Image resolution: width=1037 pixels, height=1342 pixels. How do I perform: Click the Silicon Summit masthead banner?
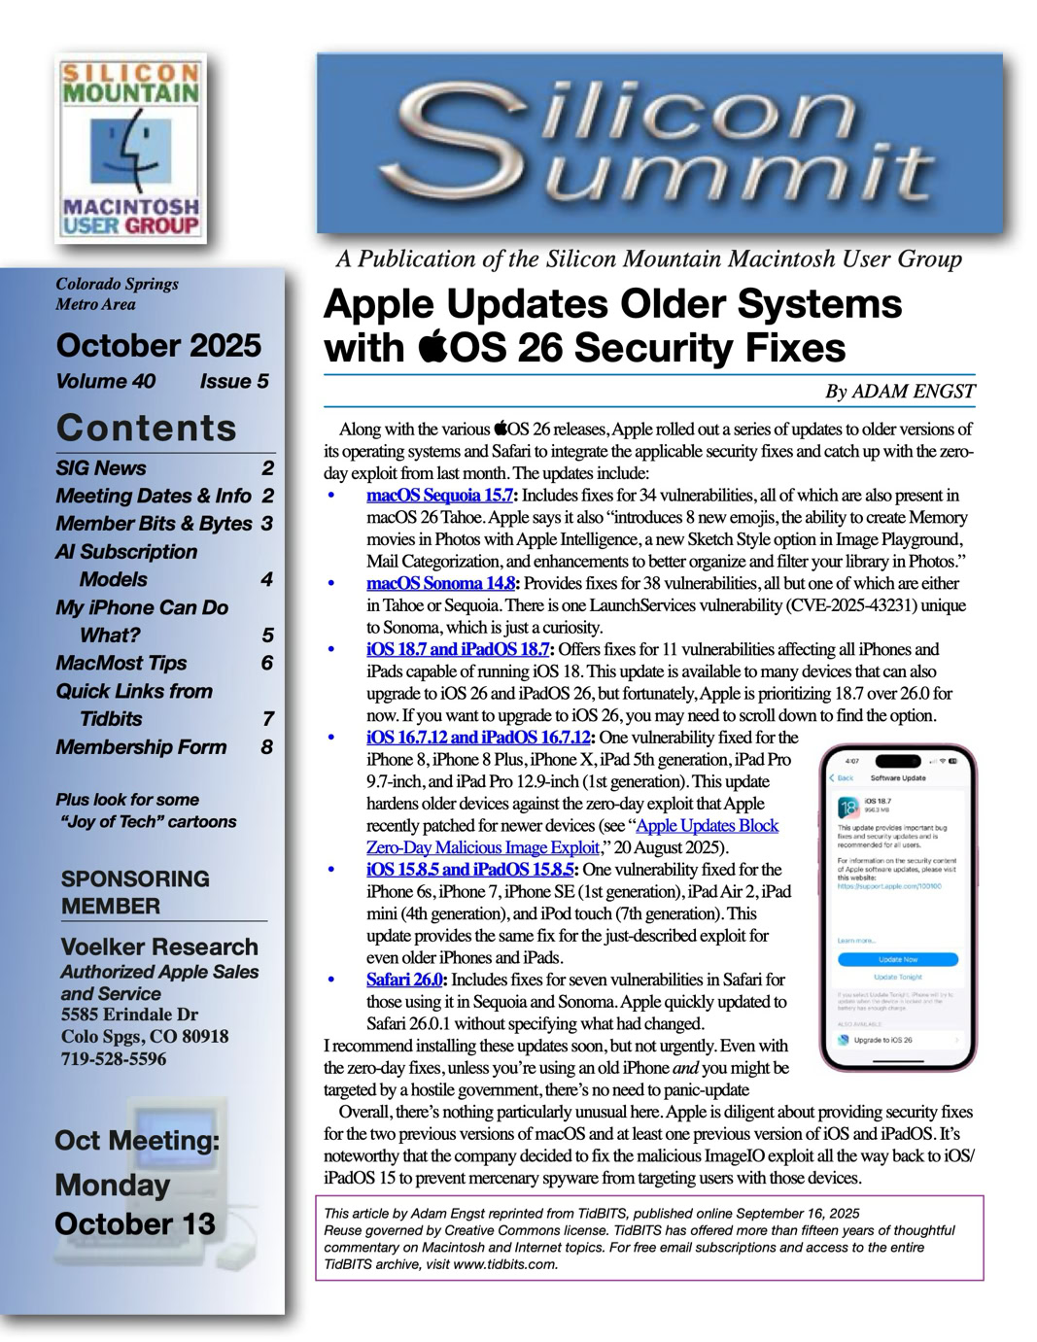click(659, 143)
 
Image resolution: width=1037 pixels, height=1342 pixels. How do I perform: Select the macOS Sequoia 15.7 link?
click(439, 496)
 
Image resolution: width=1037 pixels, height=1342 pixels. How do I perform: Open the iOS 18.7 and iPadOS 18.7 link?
click(458, 649)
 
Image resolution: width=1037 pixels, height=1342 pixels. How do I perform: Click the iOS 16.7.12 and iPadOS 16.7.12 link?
click(478, 738)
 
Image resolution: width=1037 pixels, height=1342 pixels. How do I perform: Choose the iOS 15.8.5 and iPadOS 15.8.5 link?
click(469, 870)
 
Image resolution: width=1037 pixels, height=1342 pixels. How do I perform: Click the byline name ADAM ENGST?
click(913, 392)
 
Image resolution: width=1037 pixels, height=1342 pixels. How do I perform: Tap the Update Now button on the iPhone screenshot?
click(897, 959)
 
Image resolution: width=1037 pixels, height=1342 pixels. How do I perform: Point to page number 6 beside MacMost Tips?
click(267, 663)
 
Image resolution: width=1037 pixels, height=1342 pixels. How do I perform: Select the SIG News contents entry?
click(101, 468)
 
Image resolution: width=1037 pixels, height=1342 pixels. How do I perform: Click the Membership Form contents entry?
click(141, 747)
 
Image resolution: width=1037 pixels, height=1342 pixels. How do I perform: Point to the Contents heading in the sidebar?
click(147, 429)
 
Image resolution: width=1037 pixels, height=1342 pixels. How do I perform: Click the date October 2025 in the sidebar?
click(158, 346)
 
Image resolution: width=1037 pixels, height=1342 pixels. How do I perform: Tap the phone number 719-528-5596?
click(114, 1059)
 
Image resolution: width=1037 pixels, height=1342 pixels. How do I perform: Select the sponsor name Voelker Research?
click(159, 946)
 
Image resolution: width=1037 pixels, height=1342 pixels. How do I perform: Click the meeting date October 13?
click(135, 1224)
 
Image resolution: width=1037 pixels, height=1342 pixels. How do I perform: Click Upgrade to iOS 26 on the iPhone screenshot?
click(882, 1040)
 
